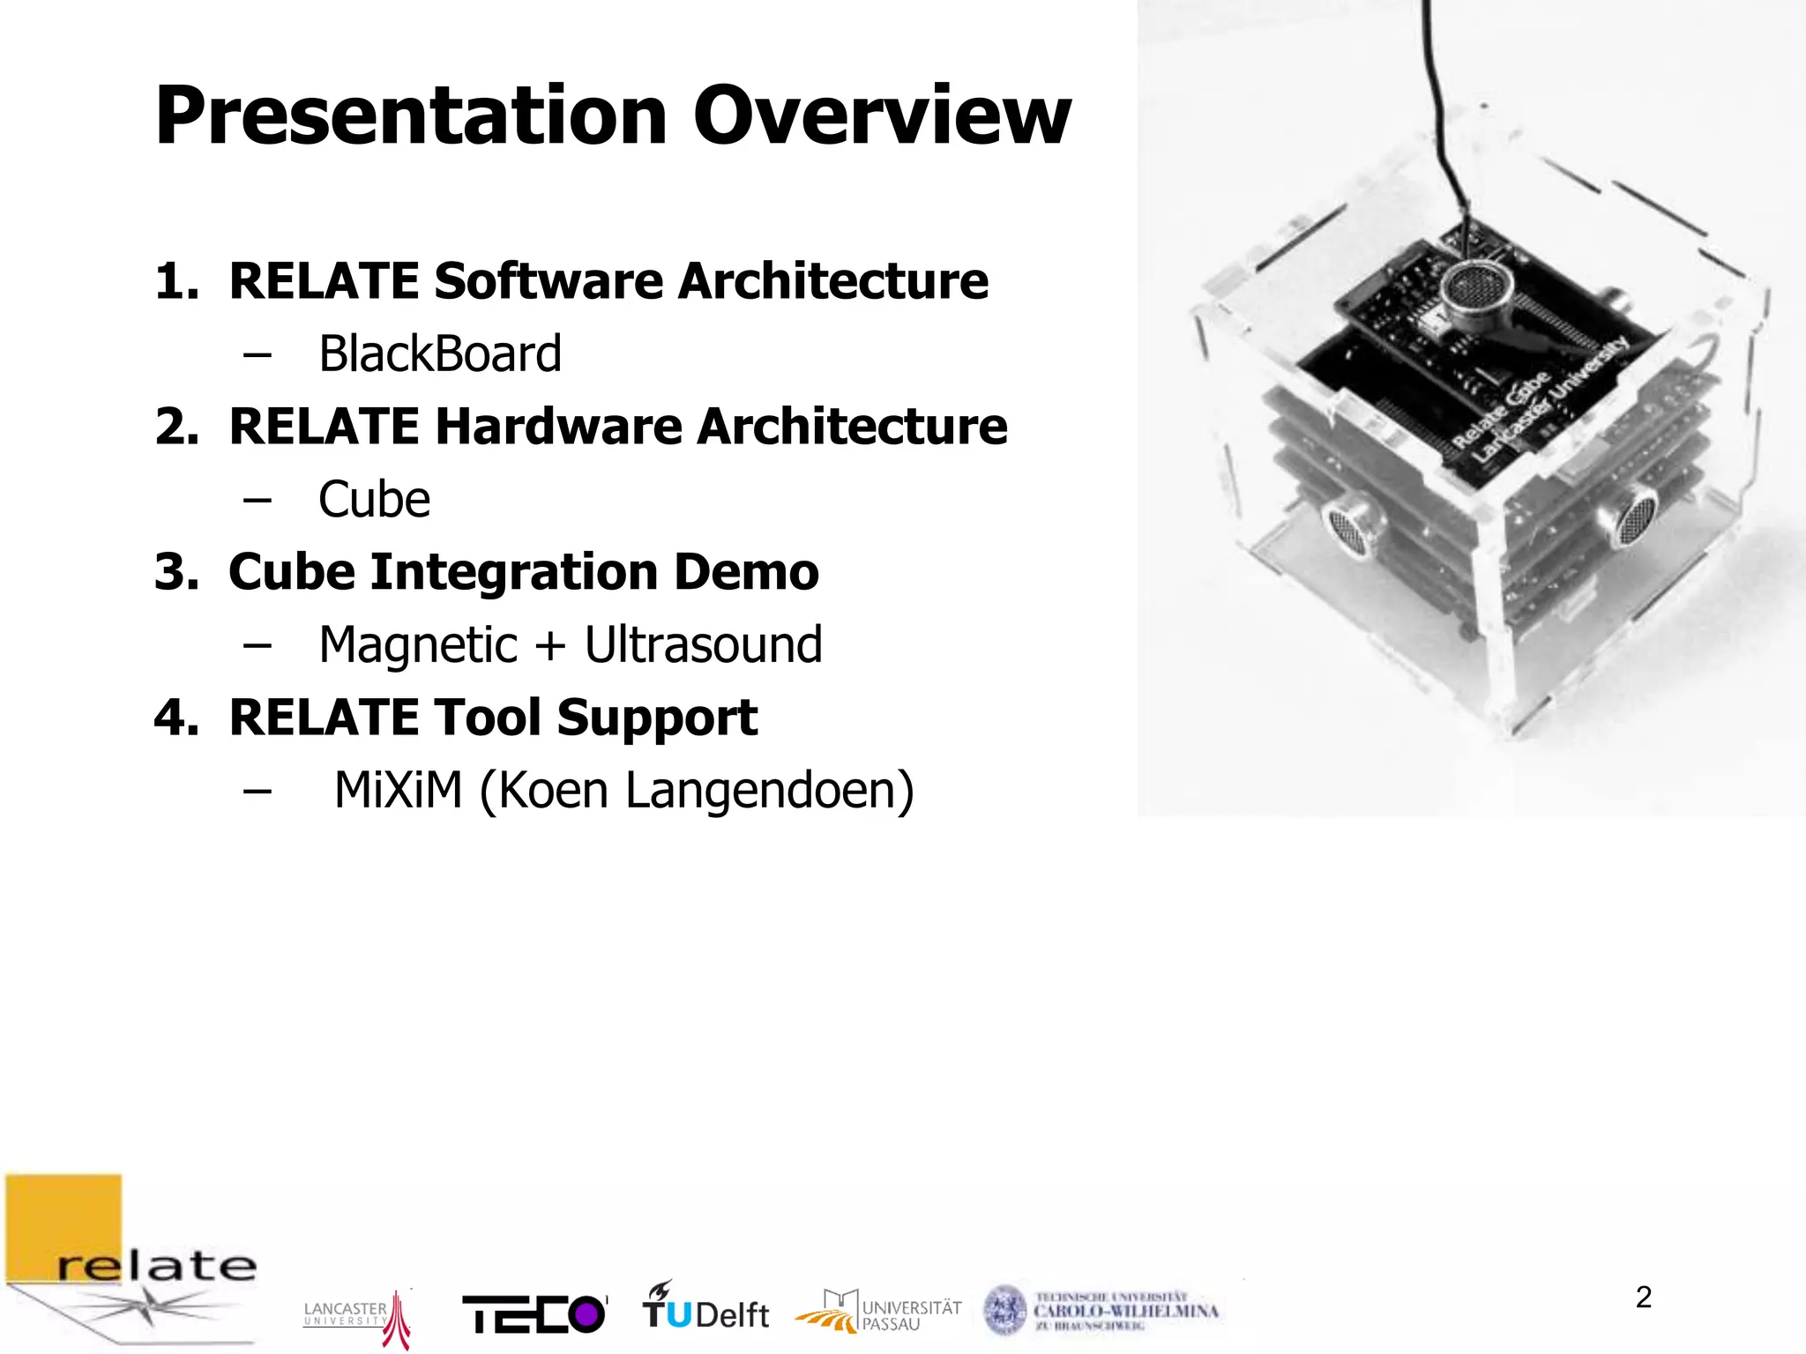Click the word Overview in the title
point(882,116)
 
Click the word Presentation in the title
point(411,116)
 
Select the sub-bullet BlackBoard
point(439,354)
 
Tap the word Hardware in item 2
point(557,427)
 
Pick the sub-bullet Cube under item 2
point(374,500)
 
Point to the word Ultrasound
point(703,644)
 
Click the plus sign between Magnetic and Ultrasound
point(549,645)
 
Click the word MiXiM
point(399,791)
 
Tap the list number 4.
point(175,718)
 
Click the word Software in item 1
point(547,281)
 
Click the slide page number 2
point(1643,1297)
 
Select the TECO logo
point(534,1314)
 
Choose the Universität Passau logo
point(878,1311)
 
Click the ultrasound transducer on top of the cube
point(1476,290)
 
